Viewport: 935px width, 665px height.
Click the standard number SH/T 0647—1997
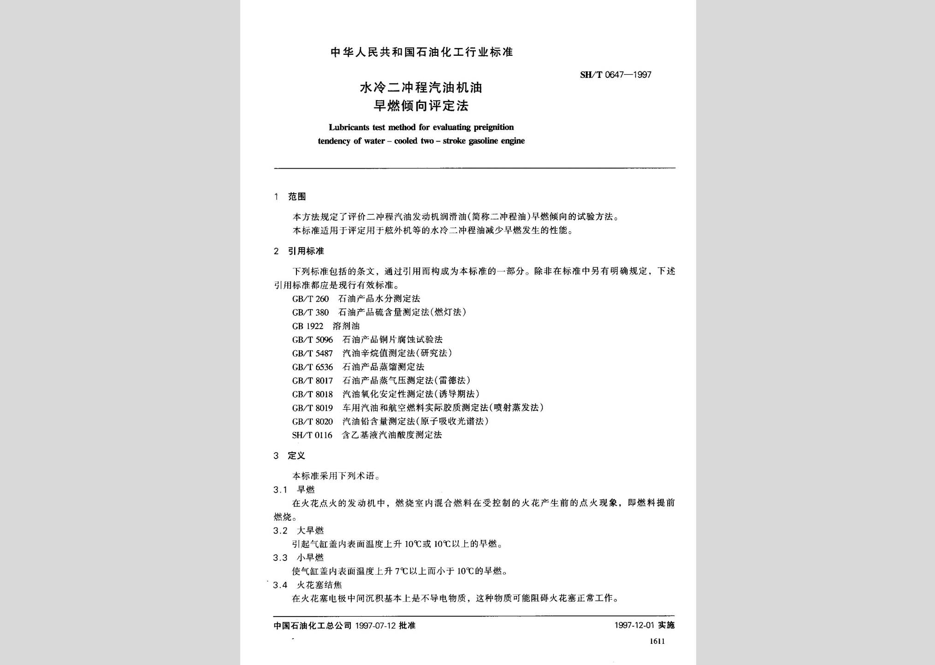pyautogui.click(x=615, y=75)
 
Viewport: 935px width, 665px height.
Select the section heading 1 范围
pyautogui.click(x=290, y=197)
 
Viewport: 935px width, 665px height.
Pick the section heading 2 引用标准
pyautogui.click(x=299, y=251)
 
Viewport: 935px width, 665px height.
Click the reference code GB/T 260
pyautogui.click(x=310, y=299)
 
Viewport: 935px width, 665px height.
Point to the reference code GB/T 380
pyautogui.click(x=310, y=312)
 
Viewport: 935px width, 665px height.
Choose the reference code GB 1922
pyautogui.click(x=308, y=326)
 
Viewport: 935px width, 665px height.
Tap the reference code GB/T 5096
pyautogui.click(x=312, y=340)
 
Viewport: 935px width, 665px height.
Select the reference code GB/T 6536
pyautogui.click(x=312, y=367)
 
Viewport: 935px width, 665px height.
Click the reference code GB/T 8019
pyautogui.click(x=312, y=408)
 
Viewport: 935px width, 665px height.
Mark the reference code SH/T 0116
pyautogui.click(x=312, y=435)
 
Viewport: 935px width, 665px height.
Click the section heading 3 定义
pyautogui.click(x=290, y=456)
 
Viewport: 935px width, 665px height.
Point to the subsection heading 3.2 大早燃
pyautogui.click(x=299, y=530)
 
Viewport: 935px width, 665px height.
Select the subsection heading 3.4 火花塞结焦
pyautogui.click(x=308, y=585)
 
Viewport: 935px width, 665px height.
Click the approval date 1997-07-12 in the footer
pyautogui.click(x=376, y=625)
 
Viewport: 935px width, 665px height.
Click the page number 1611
pyautogui.click(x=657, y=641)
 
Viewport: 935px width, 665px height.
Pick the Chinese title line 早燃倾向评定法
pyautogui.click(x=420, y=106)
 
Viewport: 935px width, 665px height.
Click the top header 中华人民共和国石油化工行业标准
pyautogui.click(x=421, y=52)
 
